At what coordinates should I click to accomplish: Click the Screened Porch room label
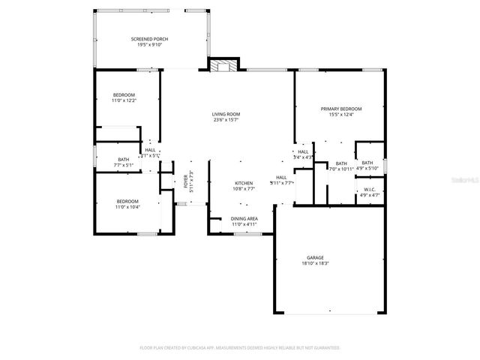pos(150,38)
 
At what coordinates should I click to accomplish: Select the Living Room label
pos(226,114)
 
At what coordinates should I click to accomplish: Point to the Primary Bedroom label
pos(337,109)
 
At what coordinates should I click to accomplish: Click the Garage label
pos(315,257)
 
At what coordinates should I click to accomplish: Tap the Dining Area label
pos(244,218)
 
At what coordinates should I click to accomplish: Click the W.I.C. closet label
pos(369,189)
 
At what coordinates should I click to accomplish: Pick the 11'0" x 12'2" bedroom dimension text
pos(124,100)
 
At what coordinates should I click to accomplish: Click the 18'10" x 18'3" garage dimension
pos(315,263)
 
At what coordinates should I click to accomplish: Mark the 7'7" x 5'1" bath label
pos(124,165)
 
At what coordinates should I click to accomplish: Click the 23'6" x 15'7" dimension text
pos(226,120)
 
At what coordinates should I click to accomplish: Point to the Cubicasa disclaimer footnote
pos(240,348)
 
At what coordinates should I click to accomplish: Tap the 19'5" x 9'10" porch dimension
pos(150,44)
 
